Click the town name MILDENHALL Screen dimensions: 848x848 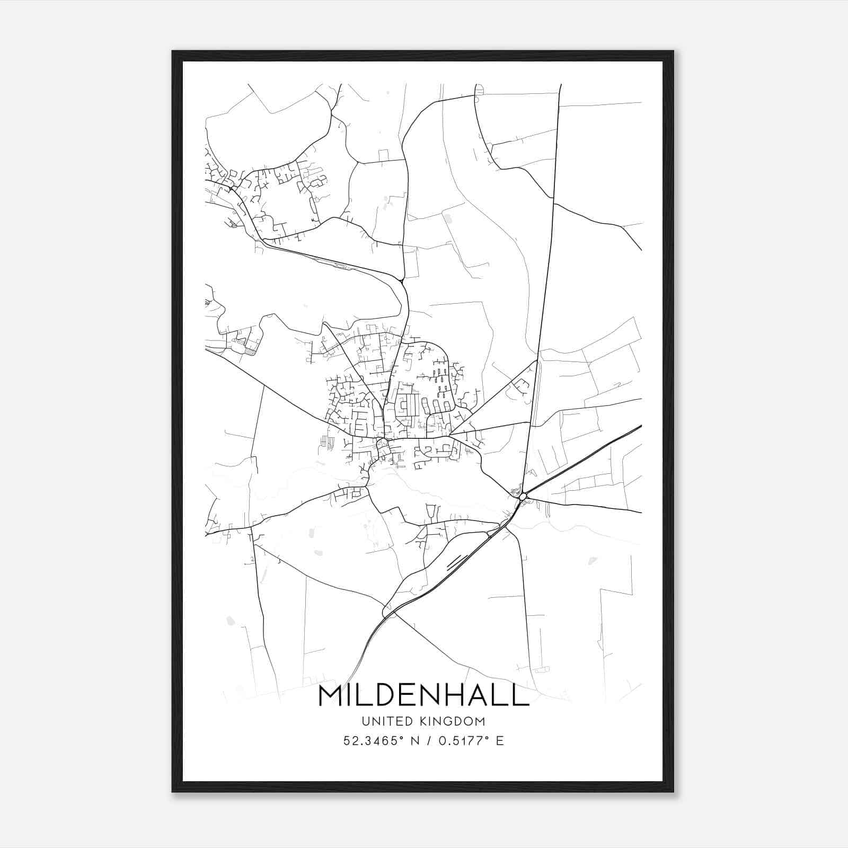click(x=423, y=696)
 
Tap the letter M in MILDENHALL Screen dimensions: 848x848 click(x=332, y=696)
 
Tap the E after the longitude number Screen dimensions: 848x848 click(x=500, y=740)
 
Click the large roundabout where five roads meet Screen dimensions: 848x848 click(x=523, y=496)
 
